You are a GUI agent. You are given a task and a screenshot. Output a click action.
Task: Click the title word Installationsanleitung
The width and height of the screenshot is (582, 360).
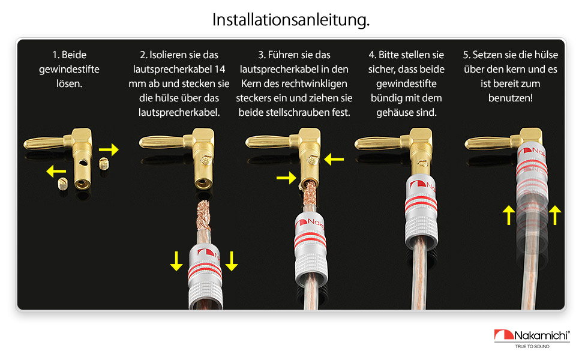point(291,20)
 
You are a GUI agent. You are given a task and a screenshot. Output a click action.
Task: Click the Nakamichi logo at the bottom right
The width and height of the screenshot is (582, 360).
point(532,335)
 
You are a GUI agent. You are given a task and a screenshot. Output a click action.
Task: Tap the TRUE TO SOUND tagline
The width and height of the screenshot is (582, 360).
point(532,346)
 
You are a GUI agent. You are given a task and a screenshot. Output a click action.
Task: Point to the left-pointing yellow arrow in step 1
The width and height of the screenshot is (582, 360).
point(56,171)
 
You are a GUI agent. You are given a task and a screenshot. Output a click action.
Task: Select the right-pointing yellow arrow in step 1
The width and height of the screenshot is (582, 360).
point(109,149)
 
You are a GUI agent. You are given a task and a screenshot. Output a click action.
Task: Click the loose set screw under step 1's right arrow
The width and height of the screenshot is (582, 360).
point(104,164)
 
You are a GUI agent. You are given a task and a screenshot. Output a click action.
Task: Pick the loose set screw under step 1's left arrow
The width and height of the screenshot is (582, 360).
point(63,184)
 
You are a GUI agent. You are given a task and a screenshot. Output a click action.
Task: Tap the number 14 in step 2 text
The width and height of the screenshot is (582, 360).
point(220,69)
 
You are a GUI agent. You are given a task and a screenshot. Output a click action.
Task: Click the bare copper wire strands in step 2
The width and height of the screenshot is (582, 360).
point(203,215)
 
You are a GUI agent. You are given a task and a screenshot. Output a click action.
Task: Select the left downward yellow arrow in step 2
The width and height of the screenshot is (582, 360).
point(176,261)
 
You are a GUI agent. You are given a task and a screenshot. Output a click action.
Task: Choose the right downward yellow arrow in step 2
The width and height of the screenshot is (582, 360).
point(232,261)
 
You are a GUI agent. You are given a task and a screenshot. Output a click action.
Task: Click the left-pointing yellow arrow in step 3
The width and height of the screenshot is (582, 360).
point(334,160)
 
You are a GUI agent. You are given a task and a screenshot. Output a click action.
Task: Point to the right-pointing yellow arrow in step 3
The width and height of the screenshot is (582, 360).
point(286,178)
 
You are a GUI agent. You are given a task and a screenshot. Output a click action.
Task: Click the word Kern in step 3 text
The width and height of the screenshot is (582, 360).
point(251,83)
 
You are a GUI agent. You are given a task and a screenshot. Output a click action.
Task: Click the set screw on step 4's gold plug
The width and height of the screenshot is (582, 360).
point(422,163)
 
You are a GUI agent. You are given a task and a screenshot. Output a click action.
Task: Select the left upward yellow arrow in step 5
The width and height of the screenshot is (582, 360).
point(509,215)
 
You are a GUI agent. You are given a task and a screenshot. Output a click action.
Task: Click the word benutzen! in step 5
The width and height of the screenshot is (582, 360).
point(511,98)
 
